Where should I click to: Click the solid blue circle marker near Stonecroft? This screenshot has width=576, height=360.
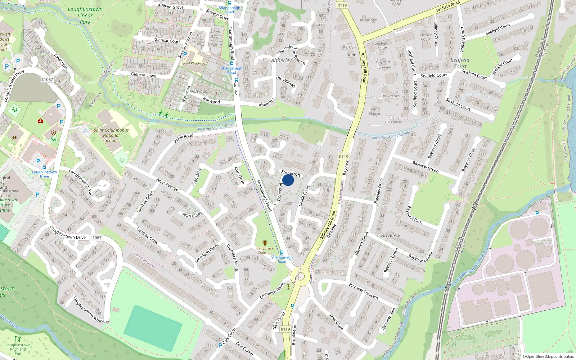[x=288, y=180]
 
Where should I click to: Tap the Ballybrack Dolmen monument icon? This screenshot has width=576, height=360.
[x=265, y=243]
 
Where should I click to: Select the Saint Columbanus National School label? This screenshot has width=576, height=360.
[x=111, y=135]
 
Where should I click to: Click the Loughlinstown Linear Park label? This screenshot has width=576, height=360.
[x=85, y=15]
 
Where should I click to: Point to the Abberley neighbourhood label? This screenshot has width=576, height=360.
[x=281, y=60]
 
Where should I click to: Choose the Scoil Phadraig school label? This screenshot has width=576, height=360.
[x=194, y=63]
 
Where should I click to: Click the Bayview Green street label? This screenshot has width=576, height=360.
[x=425, y=167]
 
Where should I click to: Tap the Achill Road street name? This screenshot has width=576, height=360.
[x=184, y=138]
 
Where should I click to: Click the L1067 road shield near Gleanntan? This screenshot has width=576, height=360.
[x=47, y=80]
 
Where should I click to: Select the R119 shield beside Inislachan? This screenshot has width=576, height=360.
[x=342, y=5]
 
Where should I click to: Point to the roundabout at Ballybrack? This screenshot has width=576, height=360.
[x=300, y=276]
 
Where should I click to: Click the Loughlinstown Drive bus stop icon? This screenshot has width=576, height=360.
[x=44, y=167]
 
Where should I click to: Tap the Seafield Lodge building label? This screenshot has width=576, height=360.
[x=382, y=45]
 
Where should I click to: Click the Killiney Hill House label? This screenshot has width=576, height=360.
[x=393, y=120]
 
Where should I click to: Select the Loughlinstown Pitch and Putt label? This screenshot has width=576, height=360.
[x=18, y=349]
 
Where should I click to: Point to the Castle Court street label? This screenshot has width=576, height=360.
[x=304, y=195]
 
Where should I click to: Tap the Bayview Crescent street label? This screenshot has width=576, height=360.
[x=364, y=291]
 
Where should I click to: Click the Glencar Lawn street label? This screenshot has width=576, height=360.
[x=144, y=75]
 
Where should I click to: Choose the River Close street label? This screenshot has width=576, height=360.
[x=336, y=321]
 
